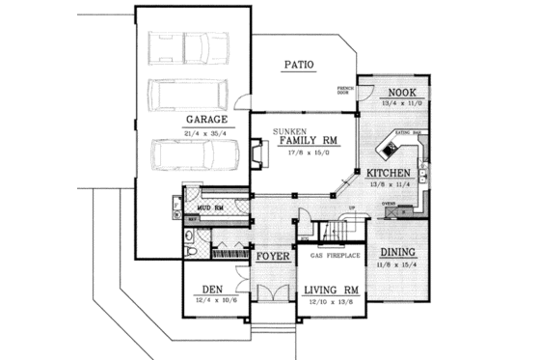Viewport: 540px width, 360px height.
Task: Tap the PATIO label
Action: [297, 66]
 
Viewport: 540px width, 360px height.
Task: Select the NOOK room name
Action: [389, 92]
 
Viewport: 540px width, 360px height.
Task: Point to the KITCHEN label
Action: [389, 174]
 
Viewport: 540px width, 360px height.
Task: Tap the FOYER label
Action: [273, 256]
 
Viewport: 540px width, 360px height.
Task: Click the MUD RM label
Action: [212, 206]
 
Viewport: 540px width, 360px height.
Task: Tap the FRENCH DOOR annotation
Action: [344, 92]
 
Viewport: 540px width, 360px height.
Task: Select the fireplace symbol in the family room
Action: [255, 154]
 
